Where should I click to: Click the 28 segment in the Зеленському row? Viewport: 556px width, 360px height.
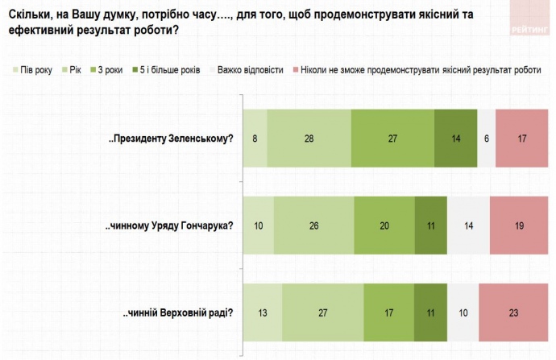309,138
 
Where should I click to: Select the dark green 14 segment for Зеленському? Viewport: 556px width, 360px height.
455,138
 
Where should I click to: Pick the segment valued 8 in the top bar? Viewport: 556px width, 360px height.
255,138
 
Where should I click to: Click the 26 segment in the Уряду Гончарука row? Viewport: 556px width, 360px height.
313,226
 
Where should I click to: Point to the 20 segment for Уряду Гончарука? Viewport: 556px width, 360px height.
384,226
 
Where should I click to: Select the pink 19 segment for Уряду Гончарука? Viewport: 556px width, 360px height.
517,226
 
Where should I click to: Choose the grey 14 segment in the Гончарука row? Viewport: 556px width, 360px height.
468,226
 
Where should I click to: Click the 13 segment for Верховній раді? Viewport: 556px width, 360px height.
263,313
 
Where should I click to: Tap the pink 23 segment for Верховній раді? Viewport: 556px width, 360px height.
513,313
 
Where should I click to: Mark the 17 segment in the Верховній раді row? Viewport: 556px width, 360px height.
389,313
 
